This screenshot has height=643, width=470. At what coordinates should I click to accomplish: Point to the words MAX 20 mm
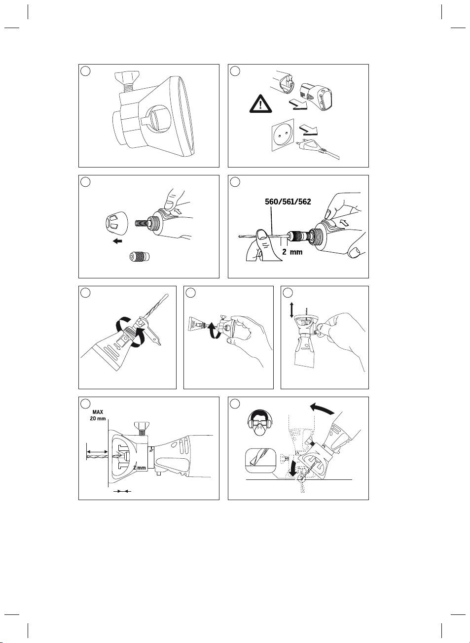(98, 415)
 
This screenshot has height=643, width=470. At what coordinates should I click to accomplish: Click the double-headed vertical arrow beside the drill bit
(292, 310)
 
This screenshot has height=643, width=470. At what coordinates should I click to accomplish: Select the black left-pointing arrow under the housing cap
(117, 241)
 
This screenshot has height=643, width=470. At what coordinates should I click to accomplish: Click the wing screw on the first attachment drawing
(126, 78)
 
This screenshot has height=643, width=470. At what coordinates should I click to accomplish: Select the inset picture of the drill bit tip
(259, 462)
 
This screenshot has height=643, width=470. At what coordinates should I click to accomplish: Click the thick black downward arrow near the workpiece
(295, 468)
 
